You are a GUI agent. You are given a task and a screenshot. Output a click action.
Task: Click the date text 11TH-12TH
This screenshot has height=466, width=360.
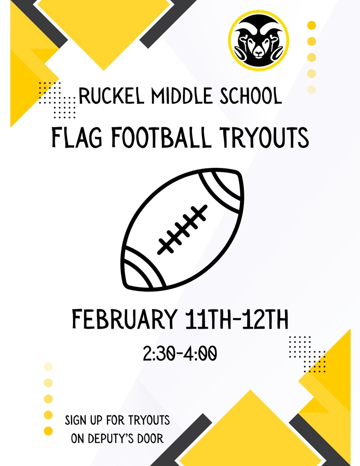point(237,320)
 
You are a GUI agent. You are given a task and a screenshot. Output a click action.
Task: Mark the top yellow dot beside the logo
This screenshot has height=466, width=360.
point(312,25)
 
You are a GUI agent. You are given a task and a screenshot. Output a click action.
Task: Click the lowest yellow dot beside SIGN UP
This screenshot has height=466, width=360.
point(48,430)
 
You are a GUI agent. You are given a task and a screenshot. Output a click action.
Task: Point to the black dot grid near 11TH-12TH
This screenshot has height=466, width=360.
point(307,354)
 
